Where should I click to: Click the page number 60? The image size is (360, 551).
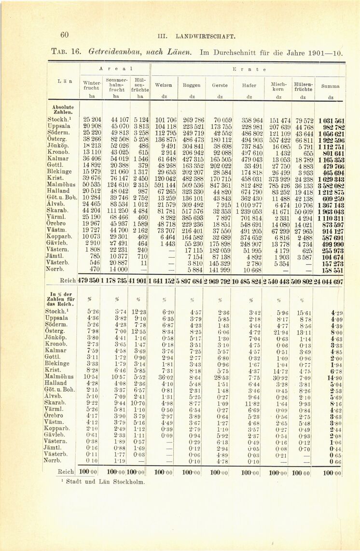point(65,34)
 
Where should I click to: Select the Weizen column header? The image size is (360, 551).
point(163,85)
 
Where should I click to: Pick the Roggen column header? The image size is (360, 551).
point(192,85)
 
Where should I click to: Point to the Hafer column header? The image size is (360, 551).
point(249,85)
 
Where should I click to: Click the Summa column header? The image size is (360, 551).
point(331,86)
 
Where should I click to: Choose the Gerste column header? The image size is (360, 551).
point(220,85)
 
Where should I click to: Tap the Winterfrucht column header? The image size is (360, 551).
point(91,85)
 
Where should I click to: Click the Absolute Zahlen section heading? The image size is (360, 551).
point(61,109)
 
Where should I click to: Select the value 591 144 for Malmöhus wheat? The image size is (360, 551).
point(165,184)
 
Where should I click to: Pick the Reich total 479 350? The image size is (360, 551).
point(89,281)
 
